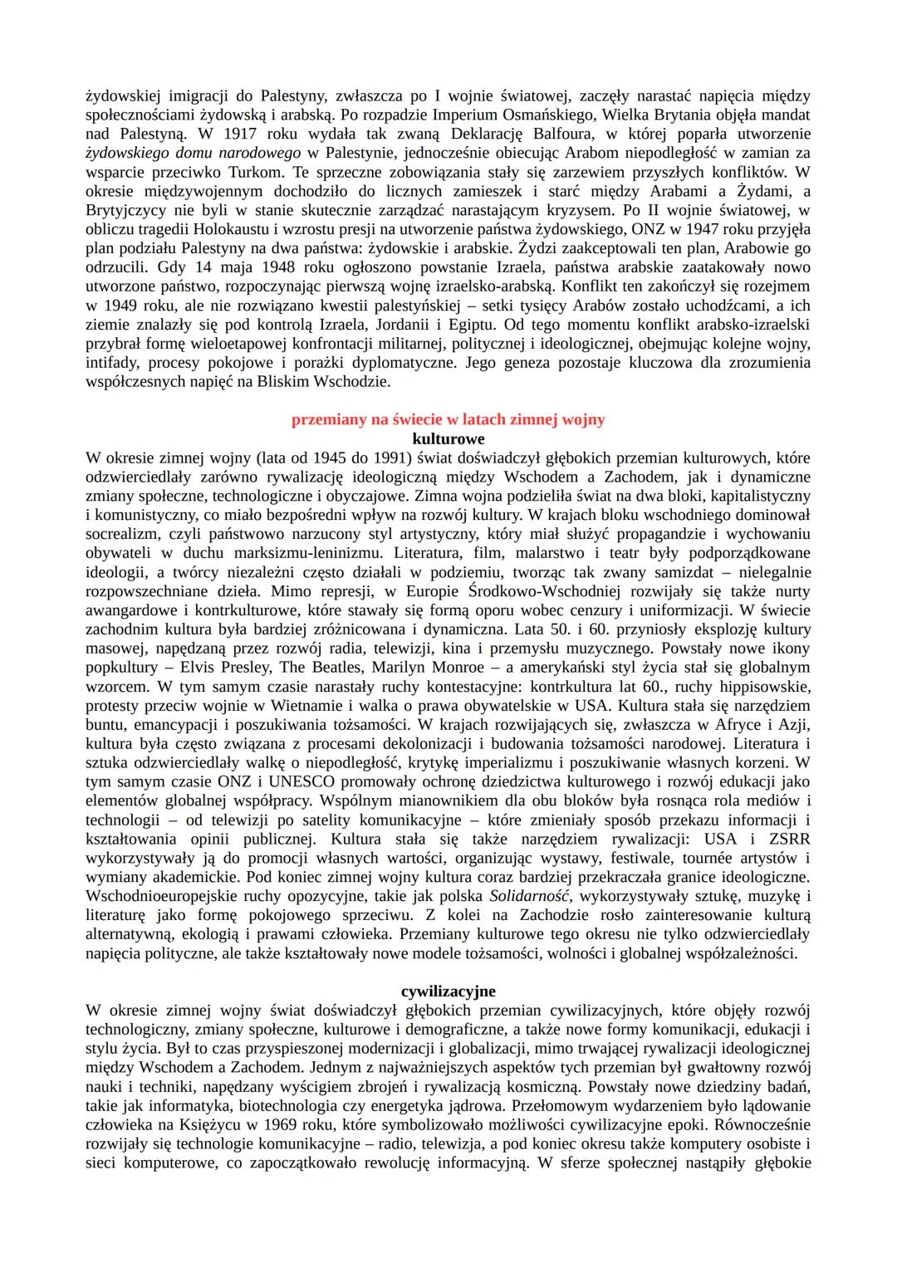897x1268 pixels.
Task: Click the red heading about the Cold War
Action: pos(448,420)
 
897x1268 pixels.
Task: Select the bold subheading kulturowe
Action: pos(448,438)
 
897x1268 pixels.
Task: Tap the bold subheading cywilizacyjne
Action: pos(448,991)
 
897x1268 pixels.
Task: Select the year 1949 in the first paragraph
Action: pos(121,306)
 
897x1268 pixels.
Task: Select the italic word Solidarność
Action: pos(530,897)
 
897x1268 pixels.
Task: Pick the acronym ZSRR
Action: pos(789,840)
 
